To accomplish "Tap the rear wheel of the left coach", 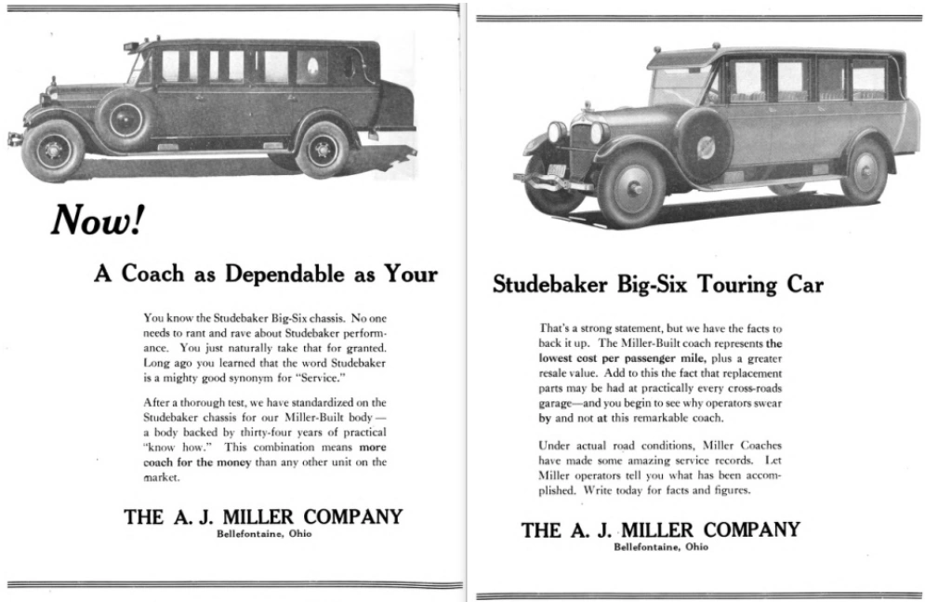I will coord(322,149).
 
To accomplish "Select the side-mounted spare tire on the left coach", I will coord(125,118).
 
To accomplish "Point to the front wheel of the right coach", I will coord(633,185).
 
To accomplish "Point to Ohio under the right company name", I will coord(694,547).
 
